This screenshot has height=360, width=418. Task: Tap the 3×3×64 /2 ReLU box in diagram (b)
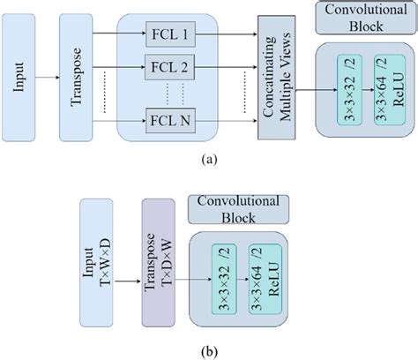pos(262,277)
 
